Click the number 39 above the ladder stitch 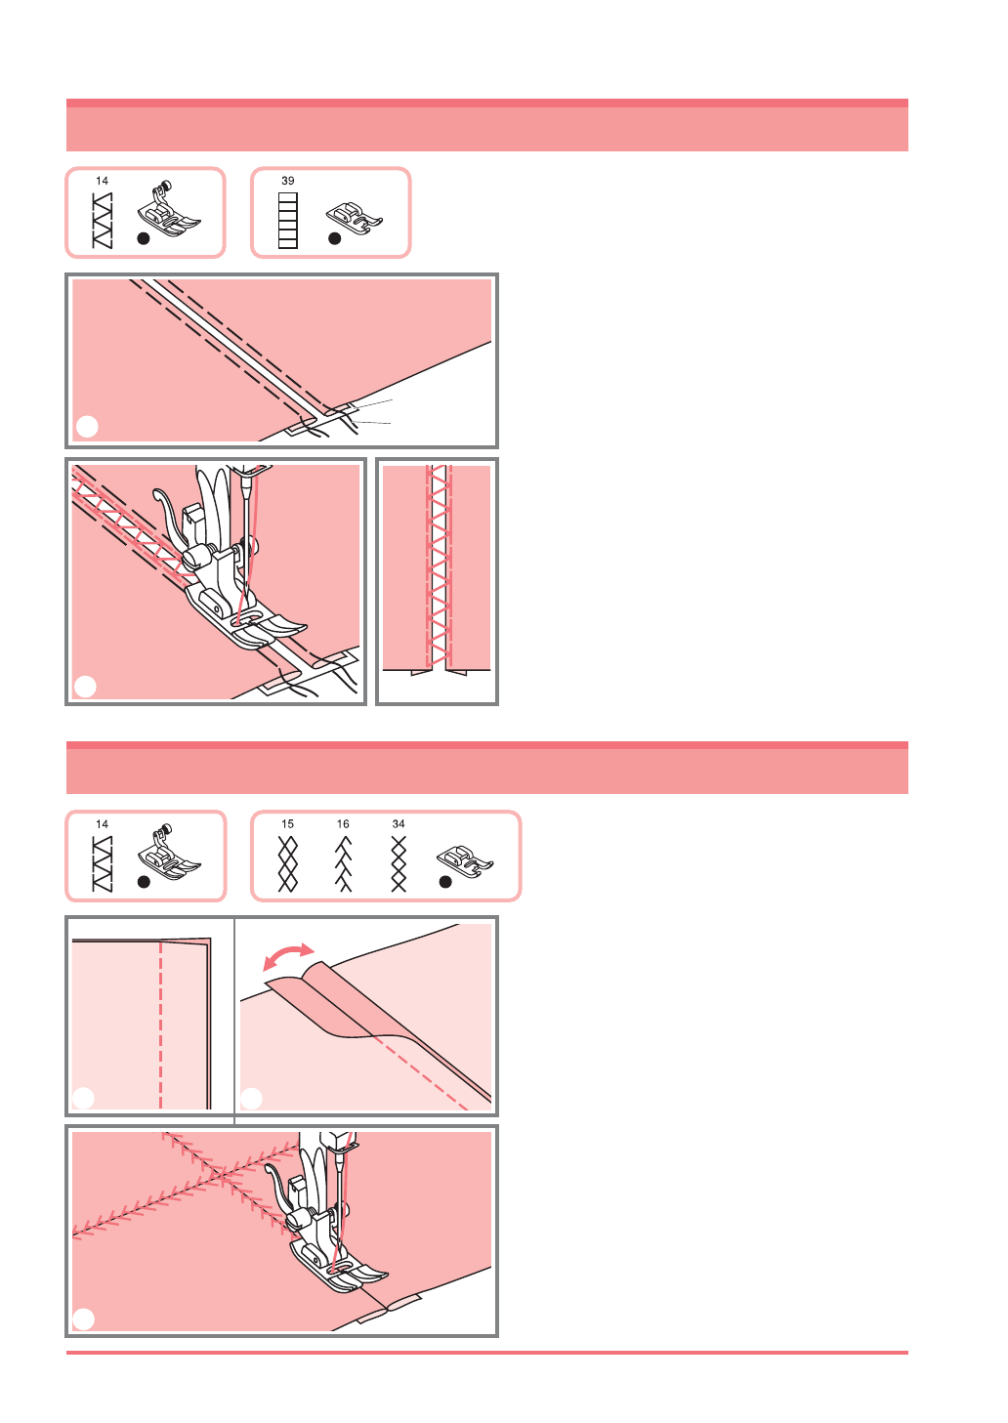click(288, 181)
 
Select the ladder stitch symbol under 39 click(288, 221)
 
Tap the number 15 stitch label click(288, 824)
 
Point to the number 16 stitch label click(343, 824)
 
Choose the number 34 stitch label click(399, 824)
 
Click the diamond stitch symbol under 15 click(288, 864)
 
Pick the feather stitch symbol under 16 click(343, 864)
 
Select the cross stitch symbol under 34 click(399, 864)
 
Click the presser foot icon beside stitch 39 click(354, 219)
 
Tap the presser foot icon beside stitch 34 click(464, 861)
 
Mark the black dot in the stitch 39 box click(335, 239)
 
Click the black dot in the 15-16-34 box click(445, 882)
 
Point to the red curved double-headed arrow click(288, 953)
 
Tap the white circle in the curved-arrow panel click(252, 1099)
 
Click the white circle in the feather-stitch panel click(83, 1319)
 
